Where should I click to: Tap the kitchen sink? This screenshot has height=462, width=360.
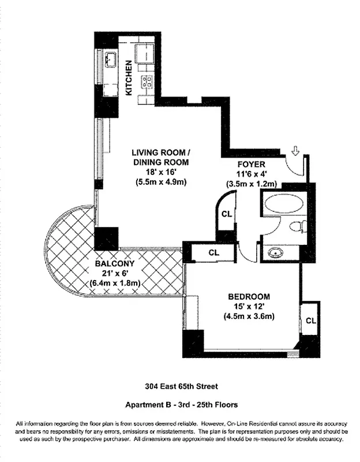click(111, 59)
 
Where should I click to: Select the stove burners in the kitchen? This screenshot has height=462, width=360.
click(147, 81)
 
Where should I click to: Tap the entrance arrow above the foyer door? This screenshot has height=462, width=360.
click(295, 151)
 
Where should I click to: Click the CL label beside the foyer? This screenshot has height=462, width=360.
click(227, 214)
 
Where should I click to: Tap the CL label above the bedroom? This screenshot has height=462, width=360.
click(213, 252)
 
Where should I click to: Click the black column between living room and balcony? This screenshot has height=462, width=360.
click(106, 239)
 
